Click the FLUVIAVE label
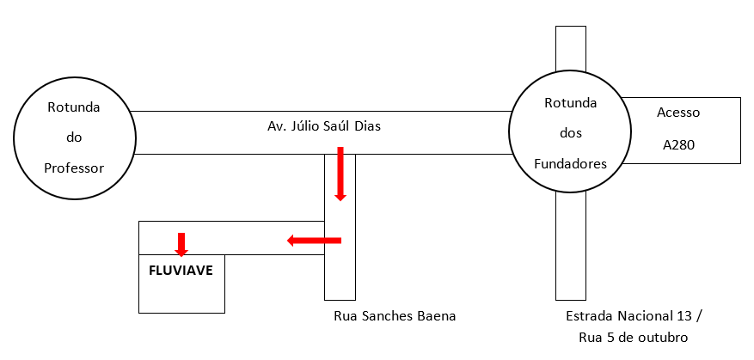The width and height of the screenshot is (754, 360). pyautogui.click(x=181, y=270)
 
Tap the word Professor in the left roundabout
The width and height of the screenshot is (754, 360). pyautogui.click(x=74, y=168)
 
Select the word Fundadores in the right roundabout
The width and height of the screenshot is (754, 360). pyautogui.click(x=571, y=163)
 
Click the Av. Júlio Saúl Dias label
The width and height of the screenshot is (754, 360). pyautogui.click(x=324, y=126)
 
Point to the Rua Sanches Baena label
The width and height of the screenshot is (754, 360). pyautogui.click(x=395, y=316)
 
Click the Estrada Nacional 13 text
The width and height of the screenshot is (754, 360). pyautogui.click(x=634, y=316)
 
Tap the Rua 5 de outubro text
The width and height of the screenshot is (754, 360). pyautogui.click(x=634, y=337)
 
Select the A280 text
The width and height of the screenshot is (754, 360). pyautogui.click(x=678, y=145)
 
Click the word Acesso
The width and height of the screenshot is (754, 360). pyautogui.click(x=678, y=113)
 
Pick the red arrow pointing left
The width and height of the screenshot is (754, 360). pyautogui.click(x=314, y=241)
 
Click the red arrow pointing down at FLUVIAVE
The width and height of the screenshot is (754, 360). pyautogui.click(x=181, y=244)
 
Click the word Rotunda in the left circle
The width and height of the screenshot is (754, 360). pyautogui.click(x=74, y=108)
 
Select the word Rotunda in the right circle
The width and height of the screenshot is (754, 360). pyautogui.click(x=571, y=103)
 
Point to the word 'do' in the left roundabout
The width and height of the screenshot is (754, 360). pyautogui.click(x=74, y=137)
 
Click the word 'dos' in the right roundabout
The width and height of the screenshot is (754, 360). pyautogui.click(x=571, y=133)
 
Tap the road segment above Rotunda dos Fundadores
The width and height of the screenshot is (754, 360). pyautogui.click(x=571, y=47)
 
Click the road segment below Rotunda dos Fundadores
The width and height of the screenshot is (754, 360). pyautogui.click(x=571, y=249)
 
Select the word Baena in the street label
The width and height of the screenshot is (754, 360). pyautogui.click(x=436, y=316)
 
